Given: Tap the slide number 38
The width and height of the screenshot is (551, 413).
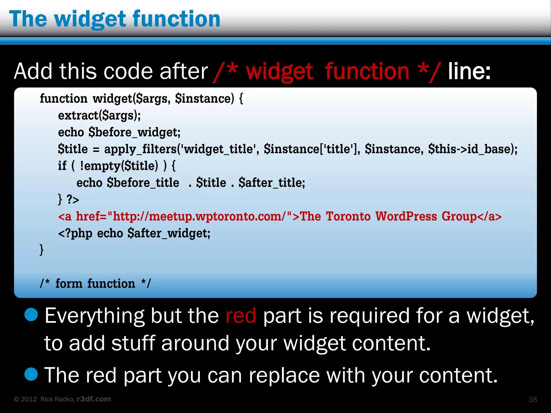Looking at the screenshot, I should click(532, 400).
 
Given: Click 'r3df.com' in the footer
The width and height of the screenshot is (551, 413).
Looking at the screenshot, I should click(94, 399).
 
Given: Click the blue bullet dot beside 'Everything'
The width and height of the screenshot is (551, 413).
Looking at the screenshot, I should click(31, 315).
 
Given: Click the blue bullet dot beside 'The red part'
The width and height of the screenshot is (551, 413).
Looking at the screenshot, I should click(31, 374).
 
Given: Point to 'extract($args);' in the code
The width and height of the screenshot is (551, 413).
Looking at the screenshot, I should click(99, 116).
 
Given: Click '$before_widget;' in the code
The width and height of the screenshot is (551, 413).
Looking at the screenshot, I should click(135, 133).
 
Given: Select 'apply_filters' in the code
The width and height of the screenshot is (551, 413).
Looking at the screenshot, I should click(140, 149).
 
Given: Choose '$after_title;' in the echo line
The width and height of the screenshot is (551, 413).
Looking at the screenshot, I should click(272, 183).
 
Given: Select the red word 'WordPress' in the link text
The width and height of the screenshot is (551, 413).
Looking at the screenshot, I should click(406, 216).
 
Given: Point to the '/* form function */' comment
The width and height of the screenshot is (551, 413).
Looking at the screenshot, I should click(95, 284).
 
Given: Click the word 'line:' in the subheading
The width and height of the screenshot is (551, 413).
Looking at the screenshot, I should click(469, 72).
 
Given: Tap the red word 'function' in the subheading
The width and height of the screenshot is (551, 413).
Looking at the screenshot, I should click(367, 72).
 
